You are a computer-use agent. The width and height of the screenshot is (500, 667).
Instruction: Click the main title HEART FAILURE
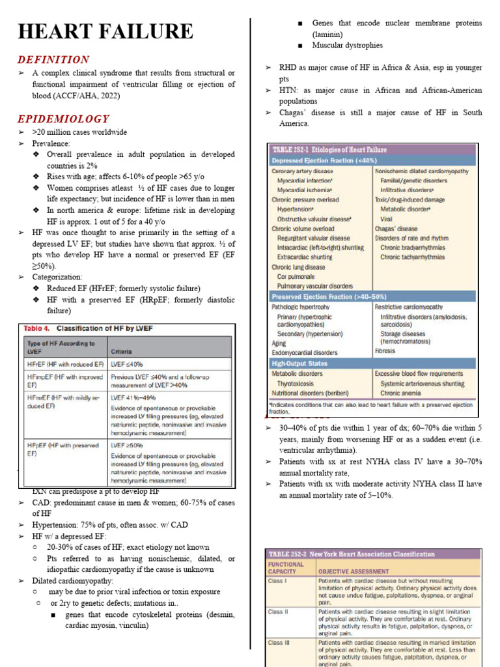coord(105,31)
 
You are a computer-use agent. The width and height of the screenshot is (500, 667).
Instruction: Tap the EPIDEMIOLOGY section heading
coord(63,119)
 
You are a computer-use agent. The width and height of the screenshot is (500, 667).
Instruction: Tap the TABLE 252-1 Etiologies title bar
coord(329,150)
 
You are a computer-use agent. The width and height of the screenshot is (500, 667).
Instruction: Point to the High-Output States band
coord(299,363)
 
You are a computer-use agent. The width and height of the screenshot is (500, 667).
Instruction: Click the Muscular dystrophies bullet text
coord(347,46)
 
